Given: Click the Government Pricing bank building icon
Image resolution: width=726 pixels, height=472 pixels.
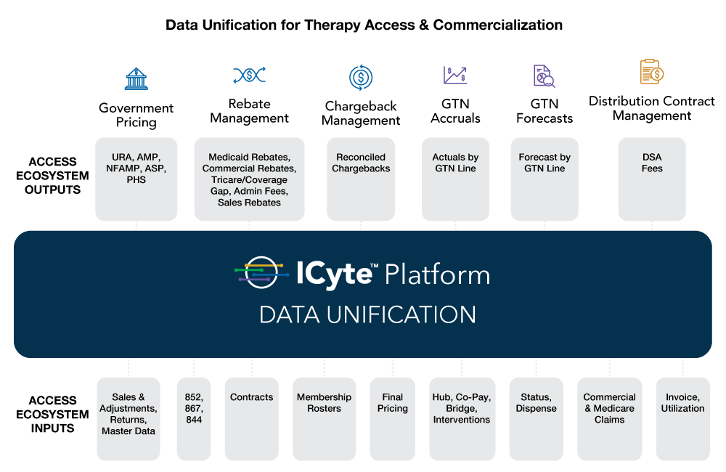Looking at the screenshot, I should point(136,78).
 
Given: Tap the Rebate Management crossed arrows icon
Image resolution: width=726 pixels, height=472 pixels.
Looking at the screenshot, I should point(249,75).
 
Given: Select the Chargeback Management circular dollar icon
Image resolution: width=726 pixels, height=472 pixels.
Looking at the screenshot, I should point(361,77).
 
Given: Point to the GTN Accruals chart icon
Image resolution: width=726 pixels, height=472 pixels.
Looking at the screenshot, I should point(455,75).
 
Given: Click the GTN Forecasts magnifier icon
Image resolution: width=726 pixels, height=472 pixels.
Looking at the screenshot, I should point(544,76).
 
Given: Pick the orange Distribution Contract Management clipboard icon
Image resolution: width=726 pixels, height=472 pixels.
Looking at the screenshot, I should point(651,72).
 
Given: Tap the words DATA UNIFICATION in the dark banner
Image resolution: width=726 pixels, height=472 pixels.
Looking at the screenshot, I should point(367,314).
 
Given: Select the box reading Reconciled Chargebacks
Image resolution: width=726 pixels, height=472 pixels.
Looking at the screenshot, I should point(361,179).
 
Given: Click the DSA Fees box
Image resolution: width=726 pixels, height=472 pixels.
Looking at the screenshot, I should point(652,179).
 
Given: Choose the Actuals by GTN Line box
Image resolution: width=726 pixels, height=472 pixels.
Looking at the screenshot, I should point(455,179).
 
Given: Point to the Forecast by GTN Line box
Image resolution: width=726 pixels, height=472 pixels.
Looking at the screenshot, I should point(544,179).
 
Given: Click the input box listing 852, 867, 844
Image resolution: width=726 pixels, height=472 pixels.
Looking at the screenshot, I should point(194,418).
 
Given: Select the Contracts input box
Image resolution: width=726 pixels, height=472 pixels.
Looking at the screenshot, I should point(252,418).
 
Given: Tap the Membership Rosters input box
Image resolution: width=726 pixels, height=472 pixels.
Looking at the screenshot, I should point(324,418).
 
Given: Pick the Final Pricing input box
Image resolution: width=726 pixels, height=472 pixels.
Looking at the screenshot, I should point(393,418).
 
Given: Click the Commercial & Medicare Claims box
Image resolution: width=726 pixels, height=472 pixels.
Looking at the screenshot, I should point(610,418).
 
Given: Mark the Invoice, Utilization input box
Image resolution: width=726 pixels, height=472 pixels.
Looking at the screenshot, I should point(682,418).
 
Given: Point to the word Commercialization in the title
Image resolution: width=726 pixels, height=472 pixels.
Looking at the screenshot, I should point(498,25).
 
